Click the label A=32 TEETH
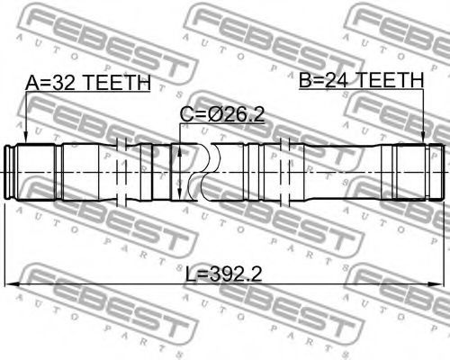[x=87, y=83]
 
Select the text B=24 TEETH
[x=362, y=80]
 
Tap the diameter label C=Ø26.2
[x=222, y=114]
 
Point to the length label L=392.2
[x=224, y=274]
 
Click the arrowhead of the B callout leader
[x=423, y=137]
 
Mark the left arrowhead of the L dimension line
[x=12, y=284]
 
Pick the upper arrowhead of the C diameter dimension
[x=179, y=151]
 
